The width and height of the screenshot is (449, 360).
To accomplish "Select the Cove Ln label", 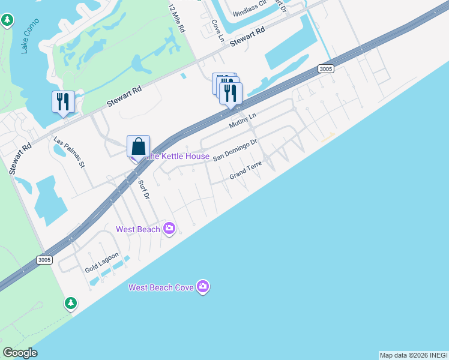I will tap(217, 31).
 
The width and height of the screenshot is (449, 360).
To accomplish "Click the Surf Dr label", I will tap(143, 190).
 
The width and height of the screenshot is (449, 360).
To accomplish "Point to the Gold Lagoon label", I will tap(97, 262).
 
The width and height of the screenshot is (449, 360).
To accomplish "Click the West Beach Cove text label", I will tap(161, 287).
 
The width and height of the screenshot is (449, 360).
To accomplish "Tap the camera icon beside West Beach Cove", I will tap(203, 287).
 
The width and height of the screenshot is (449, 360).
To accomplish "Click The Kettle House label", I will tap(179, 157).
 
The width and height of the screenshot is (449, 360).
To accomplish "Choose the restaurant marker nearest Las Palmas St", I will tap(63, 102).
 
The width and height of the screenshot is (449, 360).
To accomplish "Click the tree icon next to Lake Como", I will tap(7, 21).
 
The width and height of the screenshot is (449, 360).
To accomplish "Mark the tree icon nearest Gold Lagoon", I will tap(71, 303).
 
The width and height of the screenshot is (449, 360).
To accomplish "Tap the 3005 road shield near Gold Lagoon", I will tap(44, 260).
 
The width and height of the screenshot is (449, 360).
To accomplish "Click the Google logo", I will tap(20, 353).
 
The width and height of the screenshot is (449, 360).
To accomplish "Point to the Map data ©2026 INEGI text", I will tap(414, 355).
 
